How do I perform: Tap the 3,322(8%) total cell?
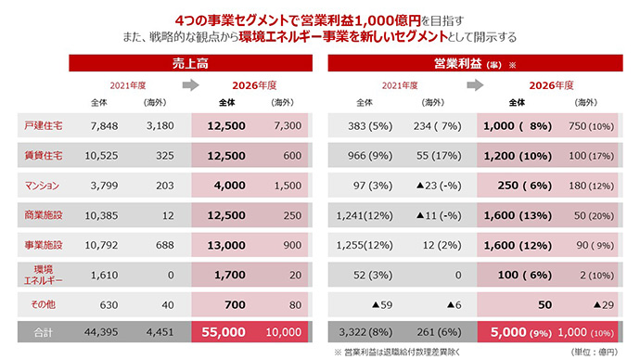point(362,331)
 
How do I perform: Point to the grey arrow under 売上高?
point(188,86)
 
